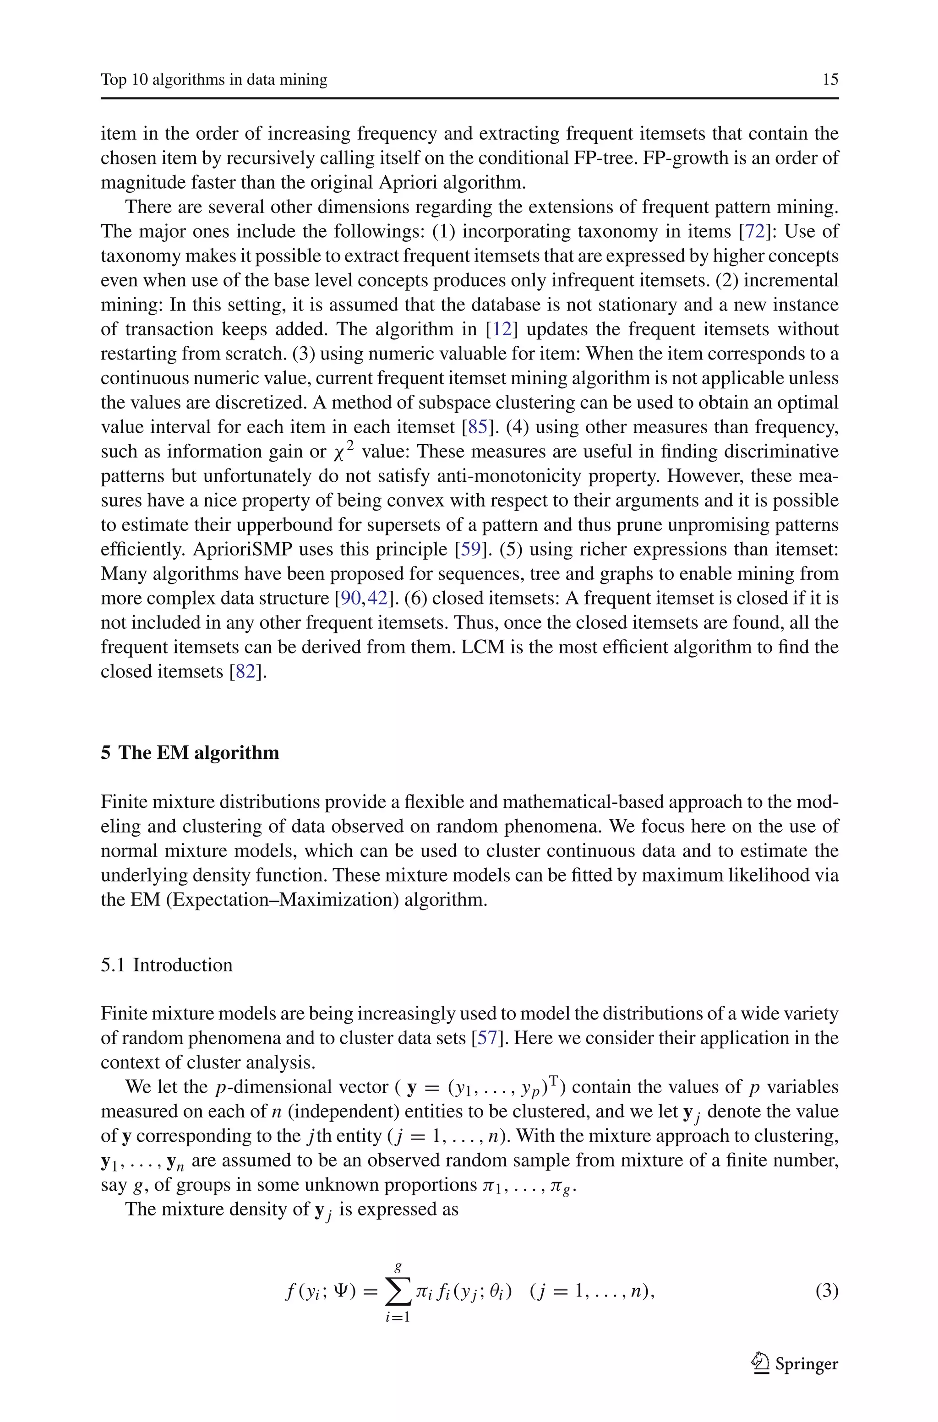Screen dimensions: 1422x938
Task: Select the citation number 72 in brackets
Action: pyautogui.click(x=755, y=231)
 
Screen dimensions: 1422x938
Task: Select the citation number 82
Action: pyautogui.click(x=245, y=671)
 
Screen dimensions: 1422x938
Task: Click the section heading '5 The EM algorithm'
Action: pyautogui.click(x=190, y=752)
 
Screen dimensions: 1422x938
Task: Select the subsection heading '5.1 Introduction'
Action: pyautogui.click(x=166, y=965)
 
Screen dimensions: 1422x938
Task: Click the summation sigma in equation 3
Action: pyautogui.click(x=398, y=1293)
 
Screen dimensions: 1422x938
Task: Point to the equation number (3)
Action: pyautogui.click(x=827, y=1291)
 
